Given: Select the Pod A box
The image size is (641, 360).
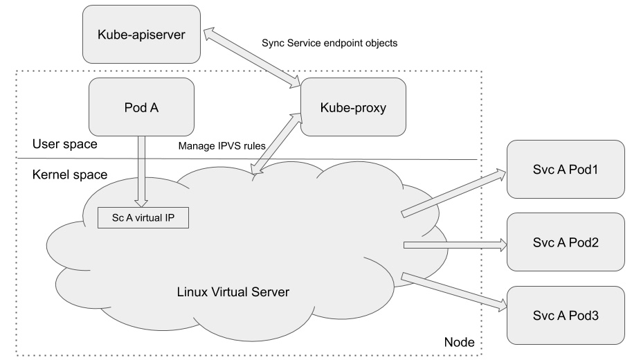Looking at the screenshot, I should [x=142, y=107].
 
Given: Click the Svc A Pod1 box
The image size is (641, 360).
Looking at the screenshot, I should [x=566, y=169].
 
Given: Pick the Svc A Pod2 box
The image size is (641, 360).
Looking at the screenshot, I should [x=566, y=242].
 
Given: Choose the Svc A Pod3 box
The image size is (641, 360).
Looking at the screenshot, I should [x=566, y=314].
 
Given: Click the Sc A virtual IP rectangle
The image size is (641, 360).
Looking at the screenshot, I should [x=143, y=217].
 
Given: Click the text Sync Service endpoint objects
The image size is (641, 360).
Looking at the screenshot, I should [x=329, y=43].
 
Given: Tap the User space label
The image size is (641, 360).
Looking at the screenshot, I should [x=64, y=145].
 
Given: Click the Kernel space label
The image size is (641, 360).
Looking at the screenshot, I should [x=70, y=174].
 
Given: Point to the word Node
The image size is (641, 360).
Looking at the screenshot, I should [x=458, y=343].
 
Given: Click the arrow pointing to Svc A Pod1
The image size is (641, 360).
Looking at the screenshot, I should [x=454, y=192].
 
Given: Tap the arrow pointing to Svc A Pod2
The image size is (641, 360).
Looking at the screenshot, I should [x=454, y=244].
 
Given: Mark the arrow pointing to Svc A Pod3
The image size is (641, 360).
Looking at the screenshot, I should [x=454, y=291].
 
